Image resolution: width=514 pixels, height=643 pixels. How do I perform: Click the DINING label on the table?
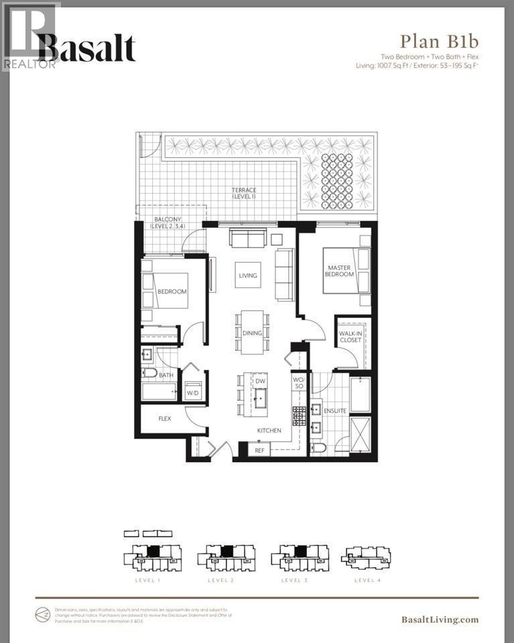coord(252,333)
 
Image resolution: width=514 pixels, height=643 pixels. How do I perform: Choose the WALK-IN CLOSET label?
coord(350,336)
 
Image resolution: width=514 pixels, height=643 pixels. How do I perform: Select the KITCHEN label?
coord(268,431)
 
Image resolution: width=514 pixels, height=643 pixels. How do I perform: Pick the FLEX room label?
coord(164,419)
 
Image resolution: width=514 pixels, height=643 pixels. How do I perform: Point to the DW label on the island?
coord(261,381)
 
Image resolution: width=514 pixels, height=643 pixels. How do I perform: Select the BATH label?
coord(166,376)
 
